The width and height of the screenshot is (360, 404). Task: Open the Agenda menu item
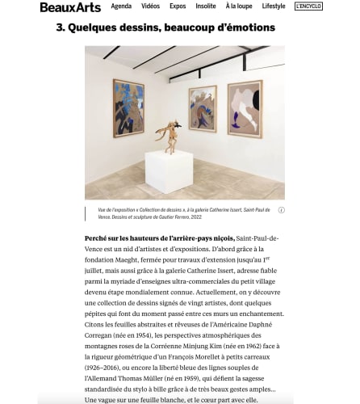121,6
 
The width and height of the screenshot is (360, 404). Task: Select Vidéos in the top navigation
151,6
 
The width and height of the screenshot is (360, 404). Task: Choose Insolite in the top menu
207,6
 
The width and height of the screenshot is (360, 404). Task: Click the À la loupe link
238,6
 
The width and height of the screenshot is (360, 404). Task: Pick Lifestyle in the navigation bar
273,6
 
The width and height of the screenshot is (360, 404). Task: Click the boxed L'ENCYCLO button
308,6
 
